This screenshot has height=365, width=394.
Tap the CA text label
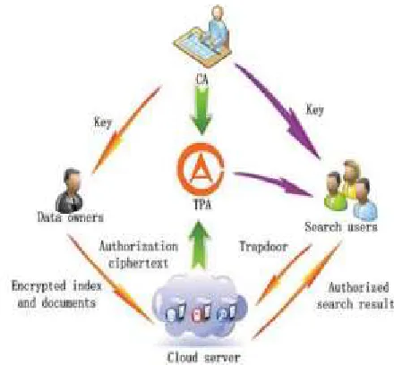[202, 80]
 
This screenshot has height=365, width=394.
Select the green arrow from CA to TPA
[202, 109]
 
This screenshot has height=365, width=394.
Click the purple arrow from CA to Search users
[278, 111]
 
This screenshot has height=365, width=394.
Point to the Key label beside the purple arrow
[315, 109]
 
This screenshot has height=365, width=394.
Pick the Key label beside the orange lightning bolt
[103, 123]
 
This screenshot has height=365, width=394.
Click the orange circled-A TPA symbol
[201, 169]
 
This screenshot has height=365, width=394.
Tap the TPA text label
[202, 205]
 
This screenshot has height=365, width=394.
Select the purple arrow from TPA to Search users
[273, 183]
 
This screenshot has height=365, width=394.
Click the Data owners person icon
[70, 191]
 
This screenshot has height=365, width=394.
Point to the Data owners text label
[71, 217]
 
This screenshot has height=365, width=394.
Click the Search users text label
[341, 227]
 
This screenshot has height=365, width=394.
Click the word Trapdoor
[264, 247]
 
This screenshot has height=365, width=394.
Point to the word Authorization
[139, 247]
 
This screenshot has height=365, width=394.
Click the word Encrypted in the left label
[39, 286]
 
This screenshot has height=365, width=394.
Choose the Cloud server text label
[203, 357]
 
